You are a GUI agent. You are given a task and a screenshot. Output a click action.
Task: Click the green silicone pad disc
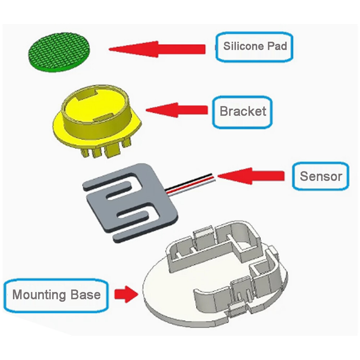59,52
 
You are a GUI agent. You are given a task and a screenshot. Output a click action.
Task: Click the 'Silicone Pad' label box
254,47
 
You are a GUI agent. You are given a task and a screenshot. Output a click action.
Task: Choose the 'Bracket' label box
242,112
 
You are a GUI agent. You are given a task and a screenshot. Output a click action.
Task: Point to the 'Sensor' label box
321,176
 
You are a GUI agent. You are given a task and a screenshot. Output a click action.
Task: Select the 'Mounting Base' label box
56,295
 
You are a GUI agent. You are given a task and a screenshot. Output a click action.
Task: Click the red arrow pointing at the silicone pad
157,49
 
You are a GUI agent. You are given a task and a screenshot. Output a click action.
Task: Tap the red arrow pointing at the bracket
177,110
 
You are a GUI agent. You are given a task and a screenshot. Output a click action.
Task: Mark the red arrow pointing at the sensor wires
251,176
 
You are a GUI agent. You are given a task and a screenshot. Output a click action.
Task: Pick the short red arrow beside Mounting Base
126,294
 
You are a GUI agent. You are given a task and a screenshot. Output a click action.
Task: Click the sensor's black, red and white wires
190,185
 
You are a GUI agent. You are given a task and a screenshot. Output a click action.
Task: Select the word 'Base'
86,294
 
